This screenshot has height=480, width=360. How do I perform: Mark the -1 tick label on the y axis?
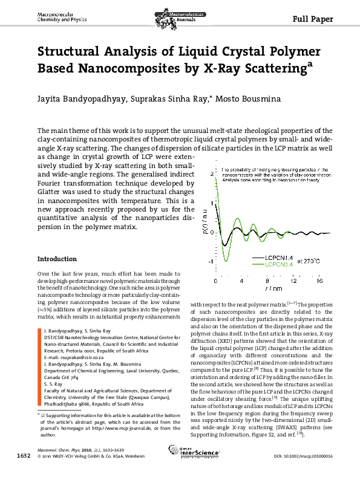tap(210, 262)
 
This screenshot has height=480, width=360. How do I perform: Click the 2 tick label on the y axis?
tap(211, 174)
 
